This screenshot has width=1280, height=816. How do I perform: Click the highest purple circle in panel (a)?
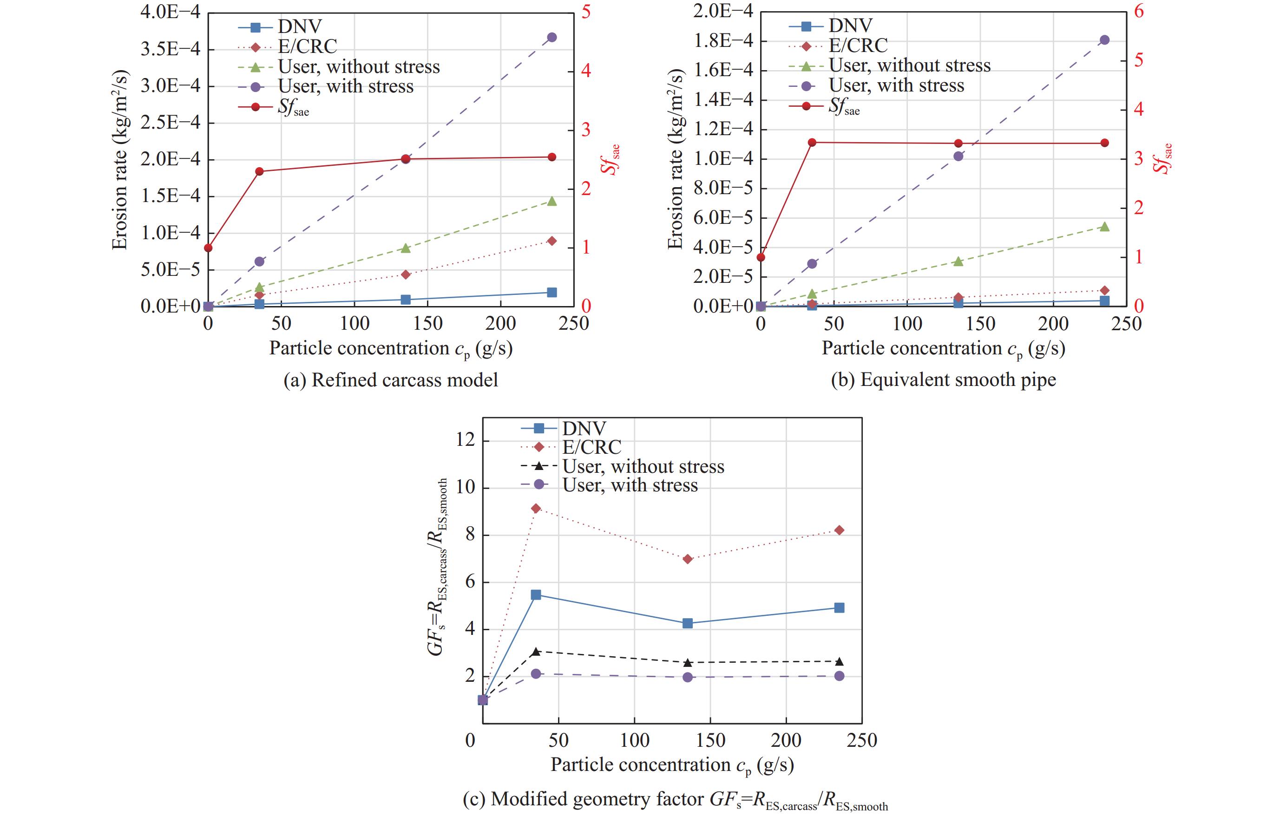pos(552,37)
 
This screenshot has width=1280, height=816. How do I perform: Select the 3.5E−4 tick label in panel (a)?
pos(170,49)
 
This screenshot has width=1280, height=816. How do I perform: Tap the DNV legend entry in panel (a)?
pos(299,26)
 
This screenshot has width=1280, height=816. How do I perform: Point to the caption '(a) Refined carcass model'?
pos(391,380)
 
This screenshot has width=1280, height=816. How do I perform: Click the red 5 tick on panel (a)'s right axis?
pos(586,12)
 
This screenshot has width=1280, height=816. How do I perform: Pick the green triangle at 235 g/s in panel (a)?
pos(552,201)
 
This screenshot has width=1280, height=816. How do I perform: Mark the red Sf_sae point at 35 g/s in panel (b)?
pos(812,143)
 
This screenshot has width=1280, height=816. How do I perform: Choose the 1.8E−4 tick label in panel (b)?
pos(723,41)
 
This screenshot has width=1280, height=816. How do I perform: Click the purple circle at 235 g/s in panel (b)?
pos(1104,40)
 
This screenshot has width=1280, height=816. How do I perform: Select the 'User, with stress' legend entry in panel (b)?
pos(896,85)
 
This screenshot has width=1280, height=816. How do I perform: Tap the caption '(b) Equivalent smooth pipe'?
pos(943,380)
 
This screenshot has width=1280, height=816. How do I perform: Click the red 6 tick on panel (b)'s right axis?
pos(1139,12)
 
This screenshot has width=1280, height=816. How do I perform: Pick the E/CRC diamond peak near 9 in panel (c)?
pos(536,509)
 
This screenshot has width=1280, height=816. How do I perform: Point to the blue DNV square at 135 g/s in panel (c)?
pos(687,623)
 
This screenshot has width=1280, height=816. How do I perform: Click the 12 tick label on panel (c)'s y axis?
pos(466,440)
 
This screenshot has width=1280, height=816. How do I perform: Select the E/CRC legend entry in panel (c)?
pos(591,447)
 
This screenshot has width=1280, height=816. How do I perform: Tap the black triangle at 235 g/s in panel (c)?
pos(839,661)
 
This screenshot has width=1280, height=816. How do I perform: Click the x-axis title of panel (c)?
pos(672,765)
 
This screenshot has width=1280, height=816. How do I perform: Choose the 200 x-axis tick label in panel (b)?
pos(1053,324)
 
